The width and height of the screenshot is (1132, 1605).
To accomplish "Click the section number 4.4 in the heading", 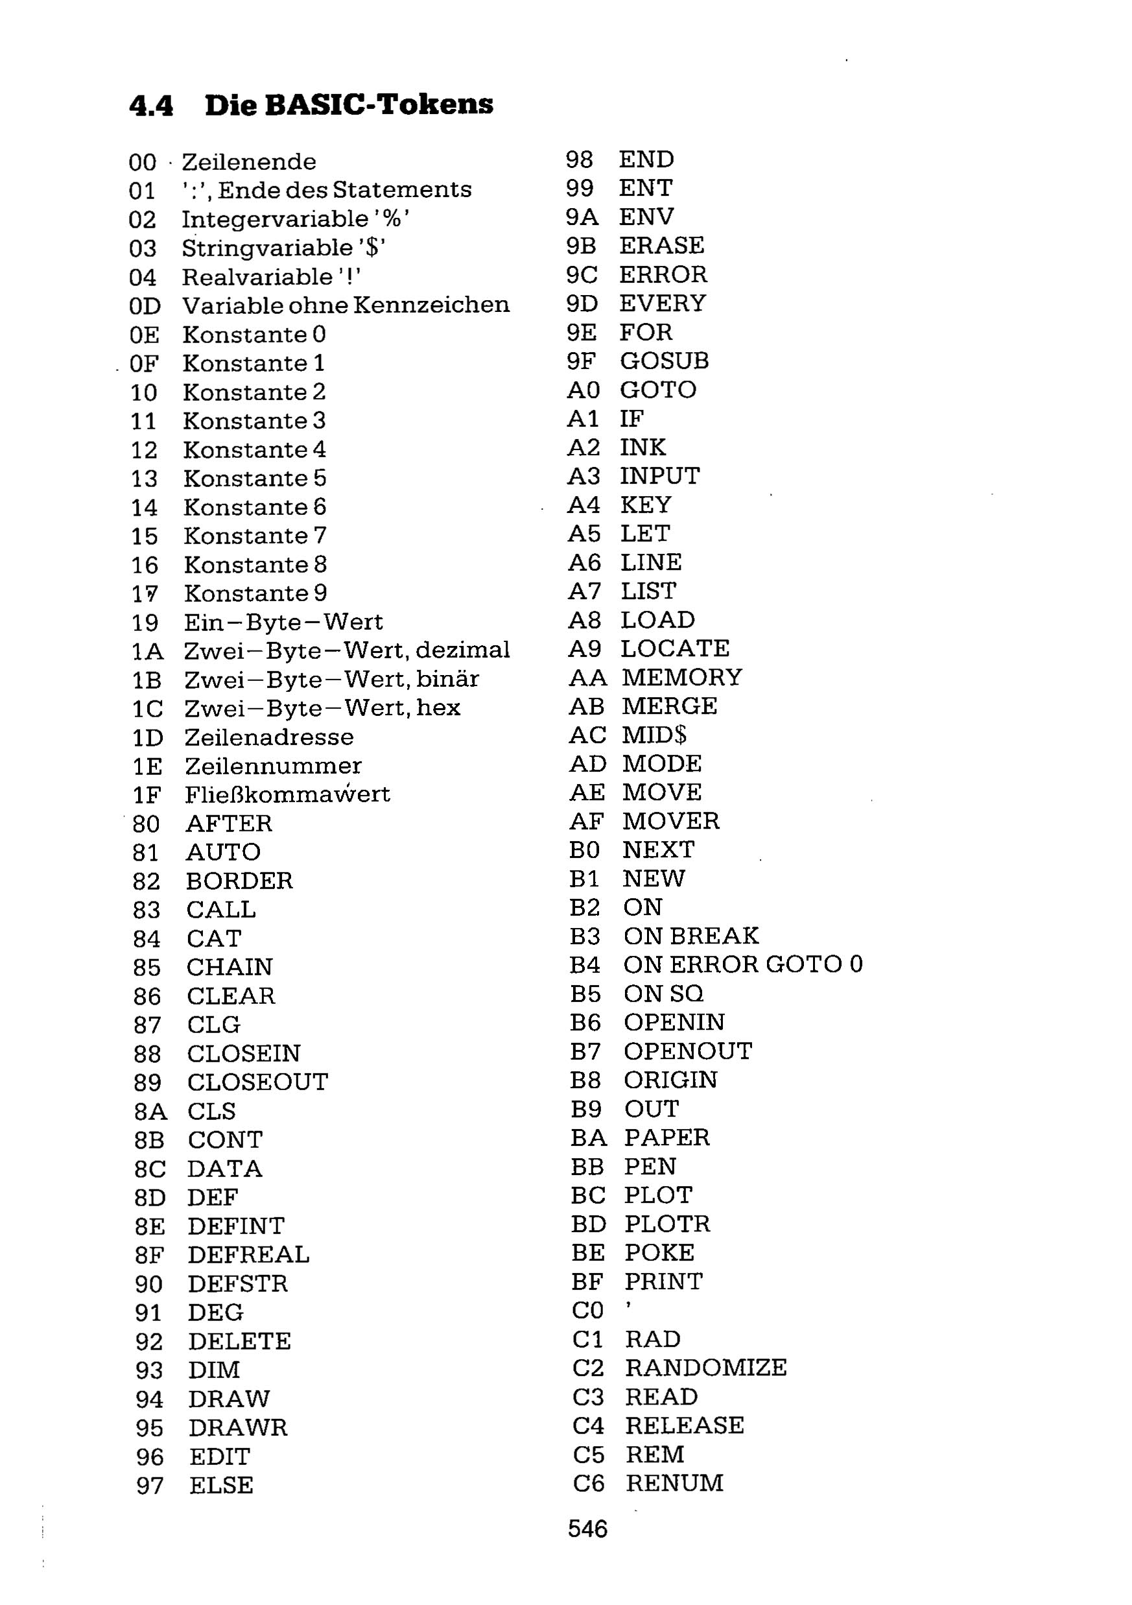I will (x=151, y=106).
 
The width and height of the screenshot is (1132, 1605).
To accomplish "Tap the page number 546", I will (x=587, y=1529).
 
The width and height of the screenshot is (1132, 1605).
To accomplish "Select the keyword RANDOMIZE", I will (x=706, y=1367).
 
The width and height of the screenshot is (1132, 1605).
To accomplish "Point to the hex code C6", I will (x=588, y=1482).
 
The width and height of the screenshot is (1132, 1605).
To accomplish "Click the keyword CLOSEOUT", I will (x=257, y=1082).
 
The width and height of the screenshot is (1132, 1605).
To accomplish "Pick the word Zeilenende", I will (x=249, y=162).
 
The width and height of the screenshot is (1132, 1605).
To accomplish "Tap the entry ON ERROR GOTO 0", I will (x=743, y=965).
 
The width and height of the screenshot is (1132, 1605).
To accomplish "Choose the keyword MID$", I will (x=654, y=735).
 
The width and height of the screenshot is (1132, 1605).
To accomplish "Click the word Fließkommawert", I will (x=287, y=795).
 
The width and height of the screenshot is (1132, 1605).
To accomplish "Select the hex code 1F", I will (x=147, y=796).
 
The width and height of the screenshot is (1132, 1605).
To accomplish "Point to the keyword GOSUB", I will (x=664, y=361).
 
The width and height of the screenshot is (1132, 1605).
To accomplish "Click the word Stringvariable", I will (x=268, y=248).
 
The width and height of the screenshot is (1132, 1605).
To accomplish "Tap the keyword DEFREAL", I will (x=248, y=1255).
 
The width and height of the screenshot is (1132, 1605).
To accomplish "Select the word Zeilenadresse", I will (x=269, y=737).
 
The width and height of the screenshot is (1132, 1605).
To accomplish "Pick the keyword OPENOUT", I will (x=688, y=1051).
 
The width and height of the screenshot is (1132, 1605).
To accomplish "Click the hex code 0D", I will (x=145, y=306).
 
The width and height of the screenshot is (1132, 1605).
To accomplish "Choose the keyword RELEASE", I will (x=685, y=1425).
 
